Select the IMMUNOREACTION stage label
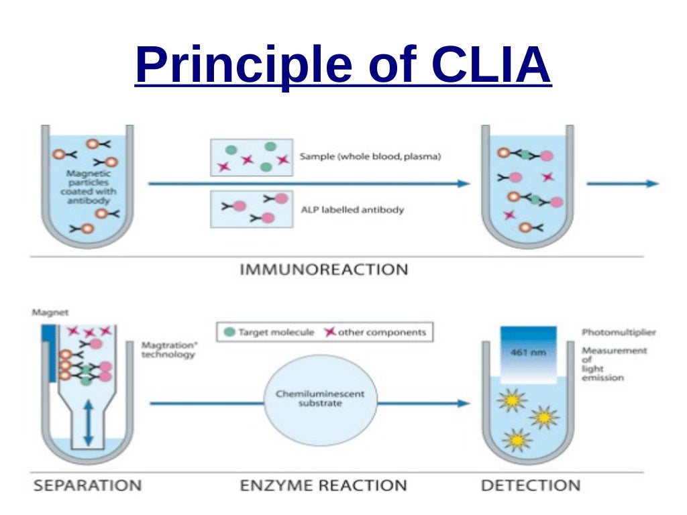coord(323,270)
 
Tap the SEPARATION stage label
coord(87,485)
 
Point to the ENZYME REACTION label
coord(323,485)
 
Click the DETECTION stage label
coord(531,485)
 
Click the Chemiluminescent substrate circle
coord(320,403)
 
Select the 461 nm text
coord(528,353)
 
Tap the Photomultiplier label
coord(619,332)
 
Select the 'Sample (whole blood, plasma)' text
coord(370,157)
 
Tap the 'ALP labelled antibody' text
coord(352,209)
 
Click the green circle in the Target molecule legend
coord(229,332)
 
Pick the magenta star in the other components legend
coord(329,332)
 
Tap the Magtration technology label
coord(168,349)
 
